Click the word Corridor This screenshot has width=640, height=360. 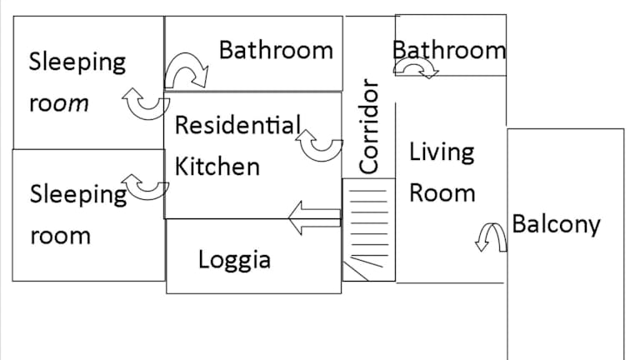point(368,126)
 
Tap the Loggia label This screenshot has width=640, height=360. point(234,260)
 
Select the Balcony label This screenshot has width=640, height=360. point(557,224)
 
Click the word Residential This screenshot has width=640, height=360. point(238,124)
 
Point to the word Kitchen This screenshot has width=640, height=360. point(217,166)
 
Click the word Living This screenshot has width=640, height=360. point(442,152)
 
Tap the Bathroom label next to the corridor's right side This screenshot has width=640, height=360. point(449,50)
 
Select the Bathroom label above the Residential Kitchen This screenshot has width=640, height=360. point(276,50)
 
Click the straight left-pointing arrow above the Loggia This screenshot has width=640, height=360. point(314,218)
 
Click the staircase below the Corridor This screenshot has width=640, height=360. point(369,230)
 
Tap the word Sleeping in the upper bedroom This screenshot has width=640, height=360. point(77,62)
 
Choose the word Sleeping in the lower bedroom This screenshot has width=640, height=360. point(78,195)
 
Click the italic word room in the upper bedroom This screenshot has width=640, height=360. point(59,103)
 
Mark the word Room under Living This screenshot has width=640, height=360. point(442,192)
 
